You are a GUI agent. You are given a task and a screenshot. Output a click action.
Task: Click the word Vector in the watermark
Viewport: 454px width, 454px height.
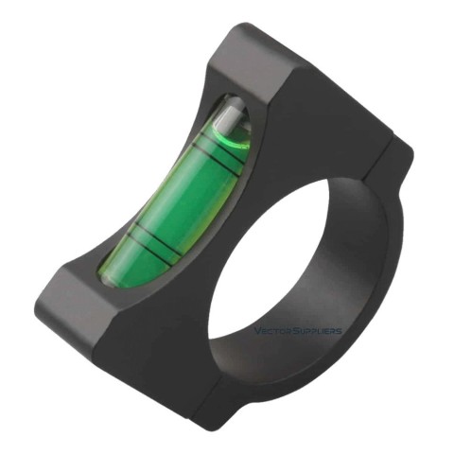click(274, 331)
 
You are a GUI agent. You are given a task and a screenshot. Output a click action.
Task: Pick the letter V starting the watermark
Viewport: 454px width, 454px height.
click(258, 331)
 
